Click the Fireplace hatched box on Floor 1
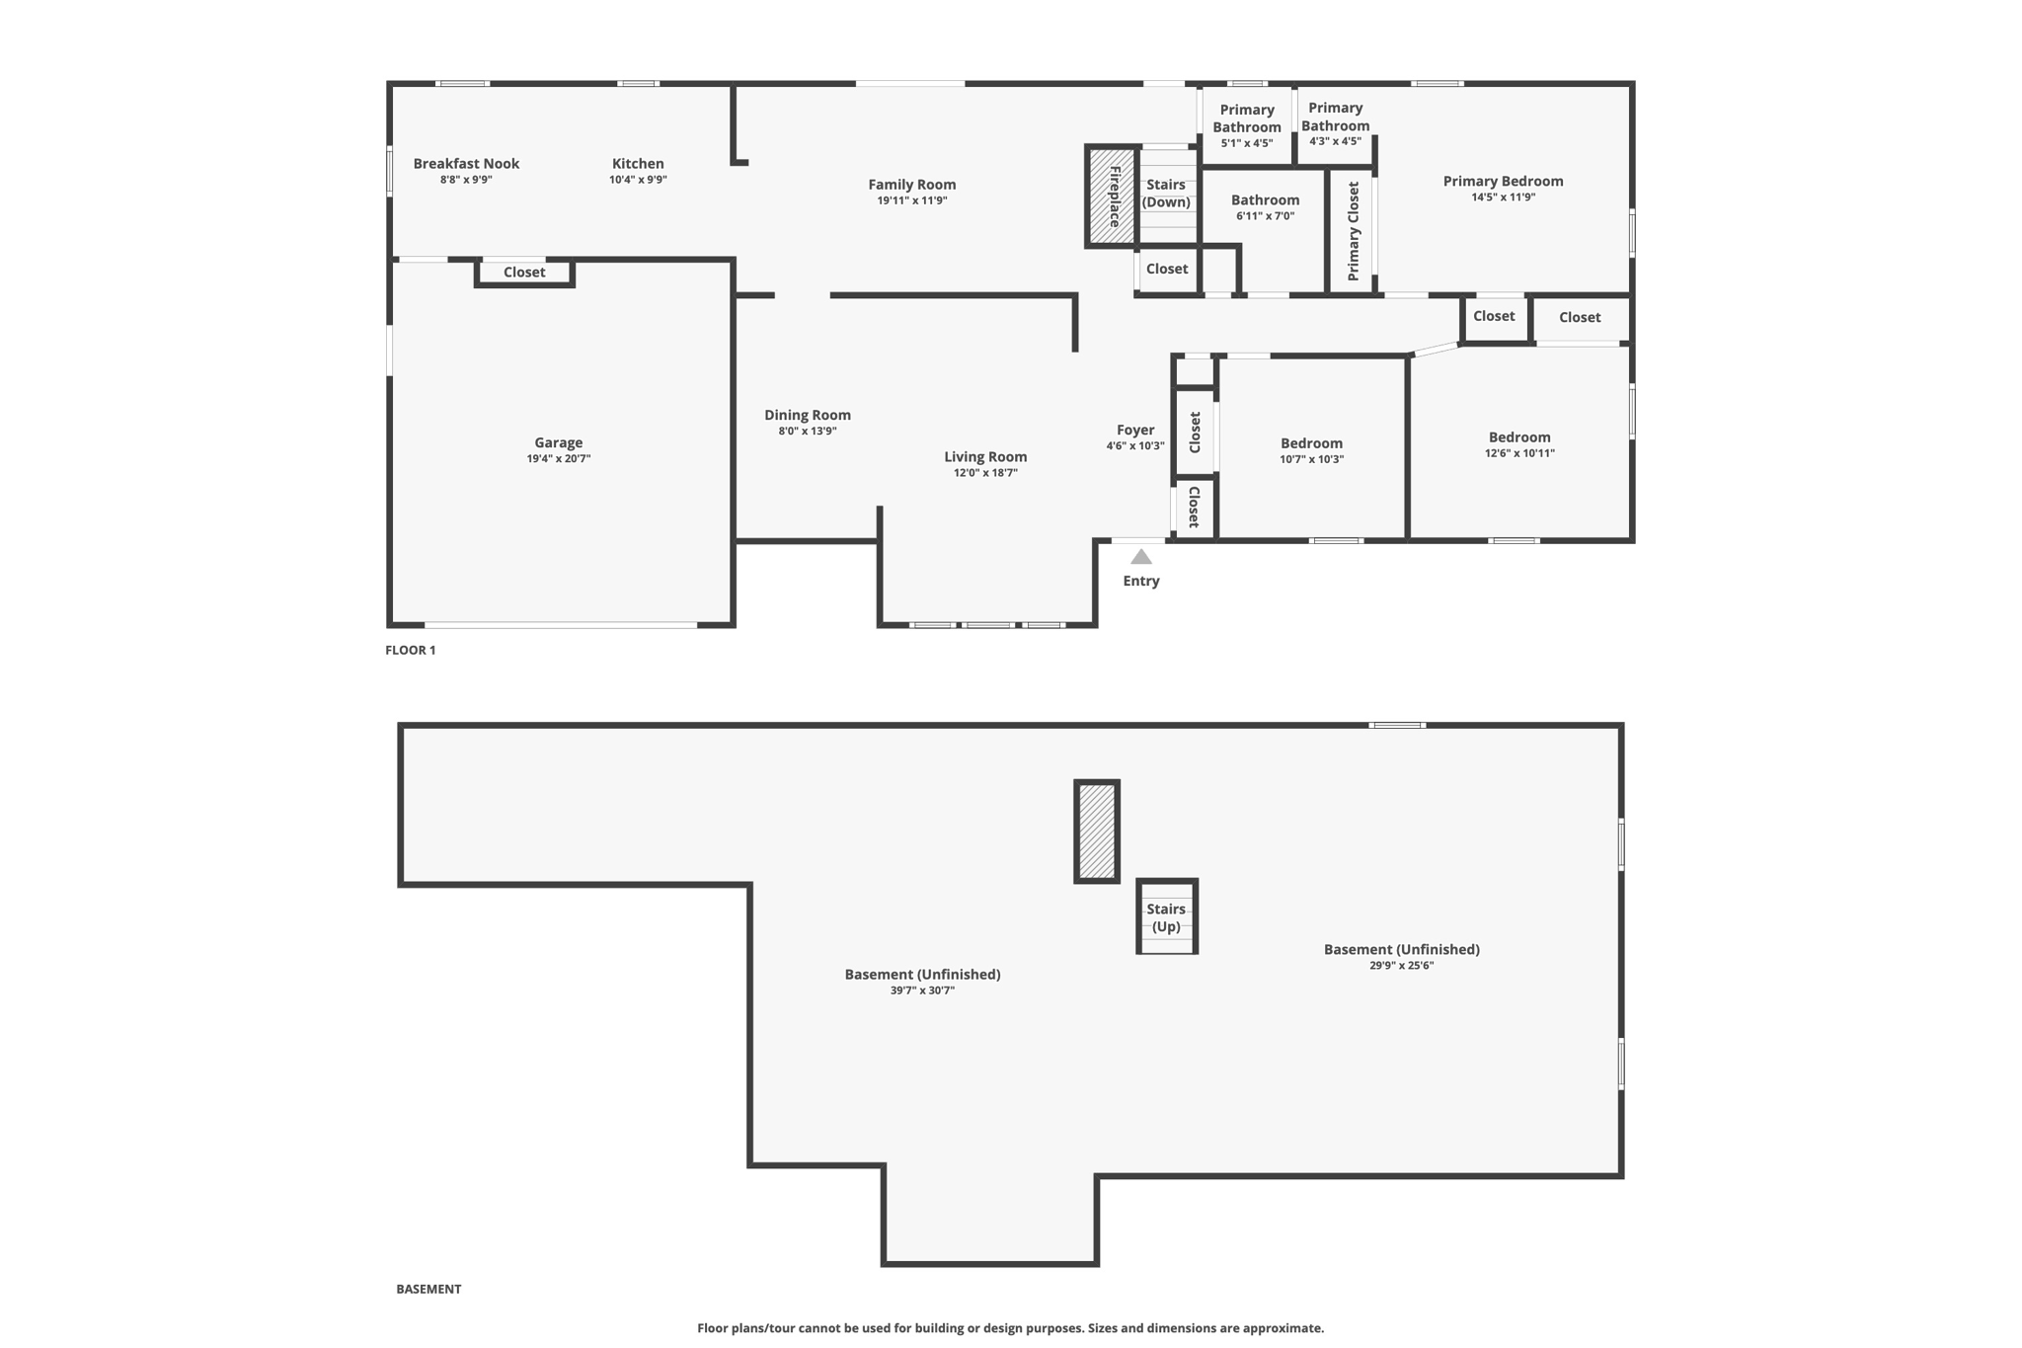(1112, 196)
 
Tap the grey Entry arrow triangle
(1141, 556)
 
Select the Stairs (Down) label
(1166, 194)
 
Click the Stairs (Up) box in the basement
(1167, 916)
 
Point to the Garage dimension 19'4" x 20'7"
(559, 459)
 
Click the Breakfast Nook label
(466, 164)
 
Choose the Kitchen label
(638, 164)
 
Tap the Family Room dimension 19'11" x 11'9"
(912, 200)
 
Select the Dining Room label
(808, 416)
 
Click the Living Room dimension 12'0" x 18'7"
(985, 473)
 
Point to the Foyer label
(1135, 430)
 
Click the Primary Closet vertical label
(1354, 231)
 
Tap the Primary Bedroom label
(1504, 181)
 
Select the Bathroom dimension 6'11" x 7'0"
(1266, 216)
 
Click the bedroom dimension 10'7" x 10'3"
(1312, 459)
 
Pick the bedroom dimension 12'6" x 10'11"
(1520, 453)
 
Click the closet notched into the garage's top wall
(524, 273)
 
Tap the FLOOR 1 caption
(411, 650)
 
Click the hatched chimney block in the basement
(1097, 832)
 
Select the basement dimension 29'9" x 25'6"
(1402, 966)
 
